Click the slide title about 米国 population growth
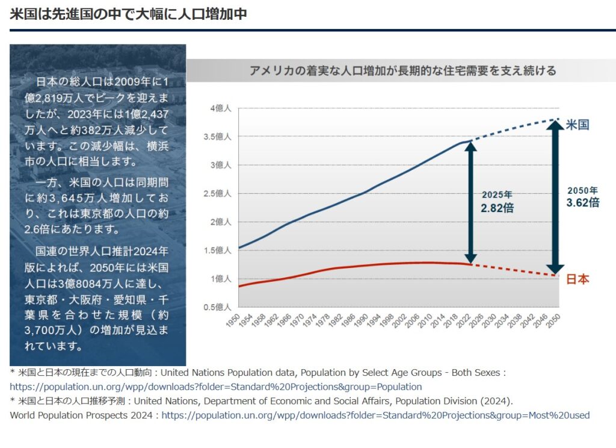pos(128,14)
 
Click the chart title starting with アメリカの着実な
pos(402,70)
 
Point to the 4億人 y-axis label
pos(221,108)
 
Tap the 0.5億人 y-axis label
pos(219,307)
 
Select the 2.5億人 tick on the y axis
pos(219,193)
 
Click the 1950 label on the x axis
pos(233,319)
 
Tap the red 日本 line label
pos(577,279)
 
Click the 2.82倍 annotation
pos(497,208)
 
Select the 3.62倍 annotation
pos(582,203)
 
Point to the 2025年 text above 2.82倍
pos(497,195)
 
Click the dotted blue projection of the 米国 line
pos(511,129)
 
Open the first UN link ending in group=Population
pos(216,387)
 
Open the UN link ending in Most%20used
pos(375,415)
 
